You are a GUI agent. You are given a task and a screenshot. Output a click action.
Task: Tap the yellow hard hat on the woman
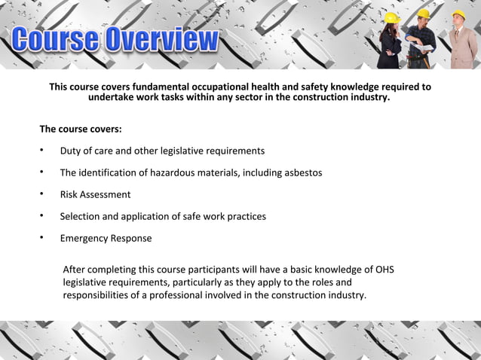point(391,18)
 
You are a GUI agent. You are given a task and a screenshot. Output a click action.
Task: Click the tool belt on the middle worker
point(416,57)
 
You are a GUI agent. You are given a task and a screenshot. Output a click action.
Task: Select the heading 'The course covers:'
point(81,130)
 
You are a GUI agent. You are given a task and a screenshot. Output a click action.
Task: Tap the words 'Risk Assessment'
point(95,194)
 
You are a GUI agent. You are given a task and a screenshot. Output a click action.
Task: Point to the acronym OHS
point(383,270)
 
